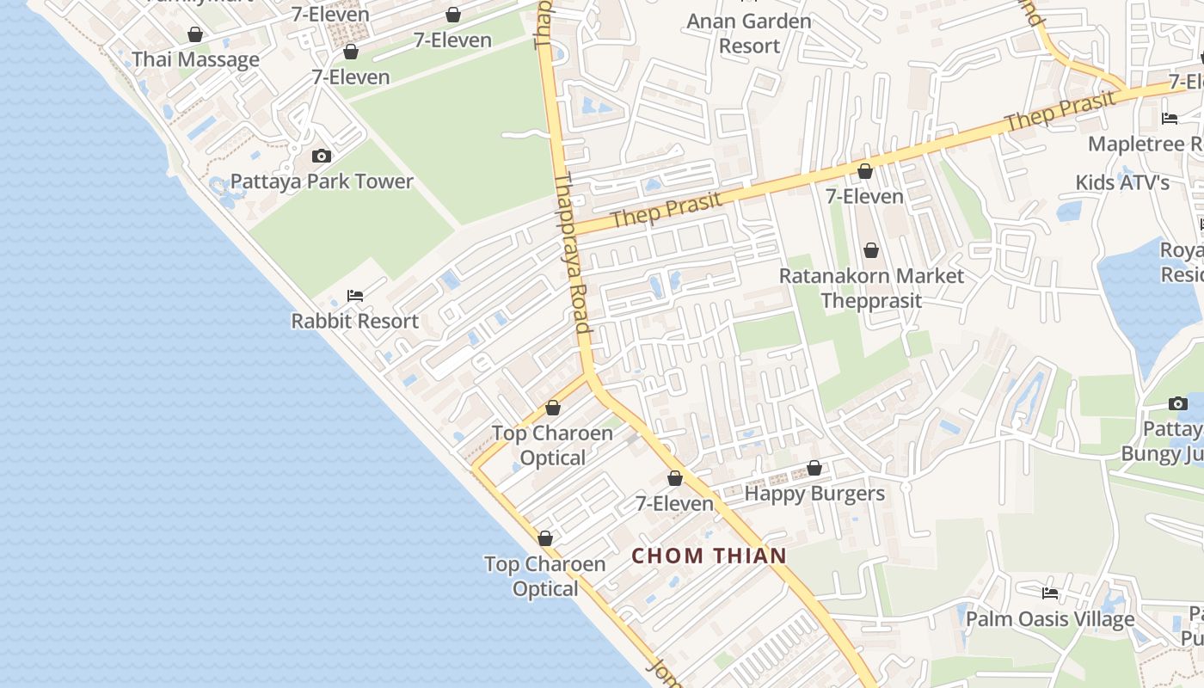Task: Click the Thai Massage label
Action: (195, 60)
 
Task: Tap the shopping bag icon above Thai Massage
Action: (195, 35)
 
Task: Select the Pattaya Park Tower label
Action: (322, 181)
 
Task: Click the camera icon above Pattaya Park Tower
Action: (322, 156)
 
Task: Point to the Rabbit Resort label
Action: (354, 322)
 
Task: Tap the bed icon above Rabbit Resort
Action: (354, 296)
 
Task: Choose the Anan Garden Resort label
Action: (748, 34)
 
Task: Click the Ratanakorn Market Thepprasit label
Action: (871, 288)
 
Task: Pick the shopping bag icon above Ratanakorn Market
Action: (871, 250)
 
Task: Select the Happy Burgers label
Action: (814, 494)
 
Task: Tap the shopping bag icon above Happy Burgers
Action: (814, 469)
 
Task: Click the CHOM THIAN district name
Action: (709, 556)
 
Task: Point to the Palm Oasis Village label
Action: (1050, 619)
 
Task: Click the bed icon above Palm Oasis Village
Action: (1050, 593)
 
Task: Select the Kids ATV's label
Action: (1122, 183)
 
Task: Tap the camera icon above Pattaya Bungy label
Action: (1178, 404)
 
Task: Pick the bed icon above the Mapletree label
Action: (1170, 119)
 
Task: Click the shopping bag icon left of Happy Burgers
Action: (675, 478)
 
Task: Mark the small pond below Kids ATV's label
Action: (1069, 212)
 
